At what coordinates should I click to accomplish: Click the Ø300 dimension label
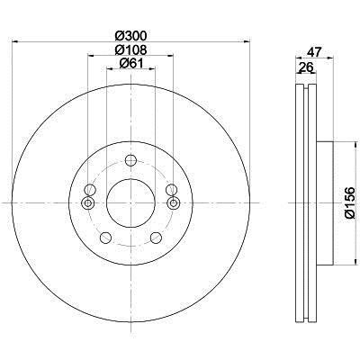click(130, 36)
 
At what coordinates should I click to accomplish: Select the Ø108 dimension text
click(130, 49)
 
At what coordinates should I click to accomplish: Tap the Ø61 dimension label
click(130, 63)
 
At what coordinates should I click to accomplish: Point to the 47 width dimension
click(314, 52)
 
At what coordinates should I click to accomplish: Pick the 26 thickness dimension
click(306, 67)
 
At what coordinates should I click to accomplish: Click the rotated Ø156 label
click(349, 202)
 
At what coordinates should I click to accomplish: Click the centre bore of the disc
click(130, 203)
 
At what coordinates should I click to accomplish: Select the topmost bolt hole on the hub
click(130, 160)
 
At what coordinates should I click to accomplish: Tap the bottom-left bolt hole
click(105, 238)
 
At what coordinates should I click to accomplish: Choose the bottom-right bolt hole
click(156, 238)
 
